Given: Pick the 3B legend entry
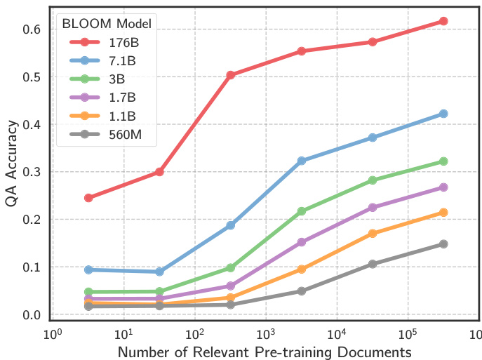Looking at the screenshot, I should [x=112, y=79].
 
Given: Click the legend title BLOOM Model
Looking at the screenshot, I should [x=107, y=24].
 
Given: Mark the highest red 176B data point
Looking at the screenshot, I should [x=443, y=21].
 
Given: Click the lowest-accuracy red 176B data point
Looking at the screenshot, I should [x=88, y=198].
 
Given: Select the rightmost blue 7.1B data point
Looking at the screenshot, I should [x=443, y=114].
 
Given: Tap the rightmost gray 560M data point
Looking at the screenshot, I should [x=443, y=244].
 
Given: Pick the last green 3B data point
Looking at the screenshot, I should [x=443, y=161].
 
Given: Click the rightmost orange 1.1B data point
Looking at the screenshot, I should [x=443, y=213].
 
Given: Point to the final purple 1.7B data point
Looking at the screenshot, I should [x=443, y=187].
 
